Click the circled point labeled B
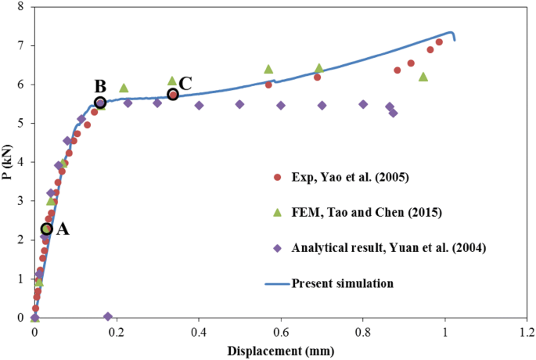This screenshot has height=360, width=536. (100, 103)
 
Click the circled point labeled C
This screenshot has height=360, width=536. (173, 94)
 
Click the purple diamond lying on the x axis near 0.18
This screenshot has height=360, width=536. (108, 316)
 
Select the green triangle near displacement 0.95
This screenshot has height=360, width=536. (423, 77)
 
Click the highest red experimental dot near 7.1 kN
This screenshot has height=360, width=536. (439, 42)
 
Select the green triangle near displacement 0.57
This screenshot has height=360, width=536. (268, 69)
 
